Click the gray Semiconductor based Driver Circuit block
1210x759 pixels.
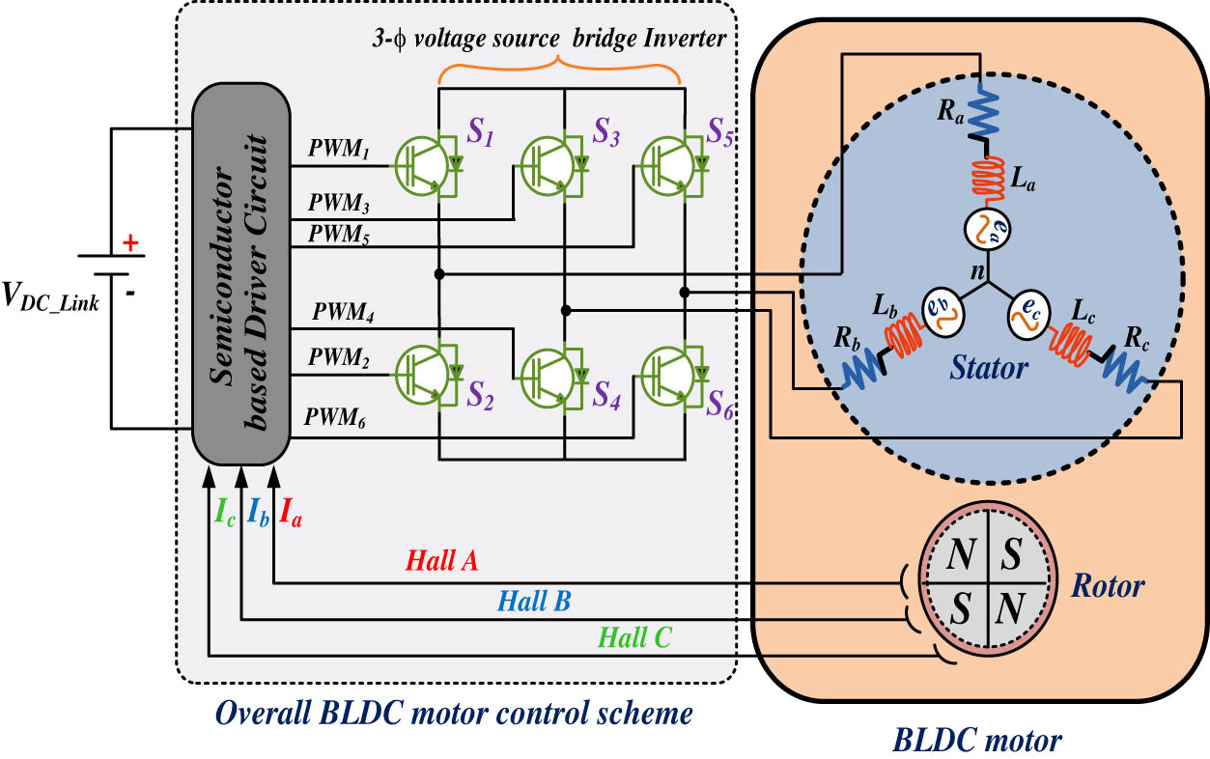click(241, 273)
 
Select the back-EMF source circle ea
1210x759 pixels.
click(985, 230)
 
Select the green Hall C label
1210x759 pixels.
click(634, 636)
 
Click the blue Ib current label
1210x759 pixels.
click(258, 511)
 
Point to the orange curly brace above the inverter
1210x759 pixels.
click(559, 68)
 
